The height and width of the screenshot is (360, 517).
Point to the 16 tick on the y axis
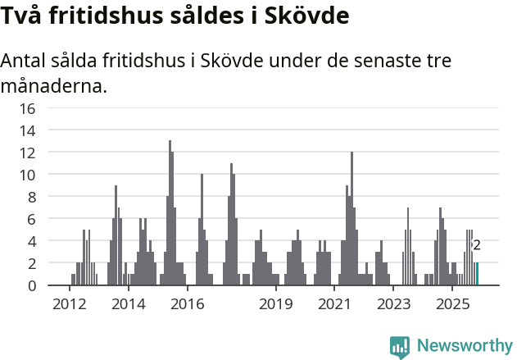click(x=27, y=108)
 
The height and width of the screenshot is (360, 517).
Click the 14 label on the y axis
click(x=27, y=130)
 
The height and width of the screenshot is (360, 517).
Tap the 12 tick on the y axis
click(x=27, y=153)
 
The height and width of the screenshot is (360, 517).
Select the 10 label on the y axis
click(x=27, y=175)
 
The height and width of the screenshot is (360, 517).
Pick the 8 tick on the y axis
click(x=31, y=197)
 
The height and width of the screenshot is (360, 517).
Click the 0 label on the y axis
click(x=31, y=285)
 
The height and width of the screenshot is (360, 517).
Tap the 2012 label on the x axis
click(x=69, y=305)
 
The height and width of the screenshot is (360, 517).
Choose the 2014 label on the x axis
click(x=128, y=305)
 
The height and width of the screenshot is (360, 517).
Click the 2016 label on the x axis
click(x=187, y=305)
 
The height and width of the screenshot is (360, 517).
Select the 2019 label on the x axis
click(x=275, y=305)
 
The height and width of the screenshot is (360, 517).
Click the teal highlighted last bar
click(x=477, y=274)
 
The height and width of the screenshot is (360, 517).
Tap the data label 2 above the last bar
click(x=477, y=244)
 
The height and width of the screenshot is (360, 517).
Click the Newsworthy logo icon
click(x=400, y=347)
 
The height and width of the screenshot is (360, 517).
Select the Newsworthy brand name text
click(x=465, y=346)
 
